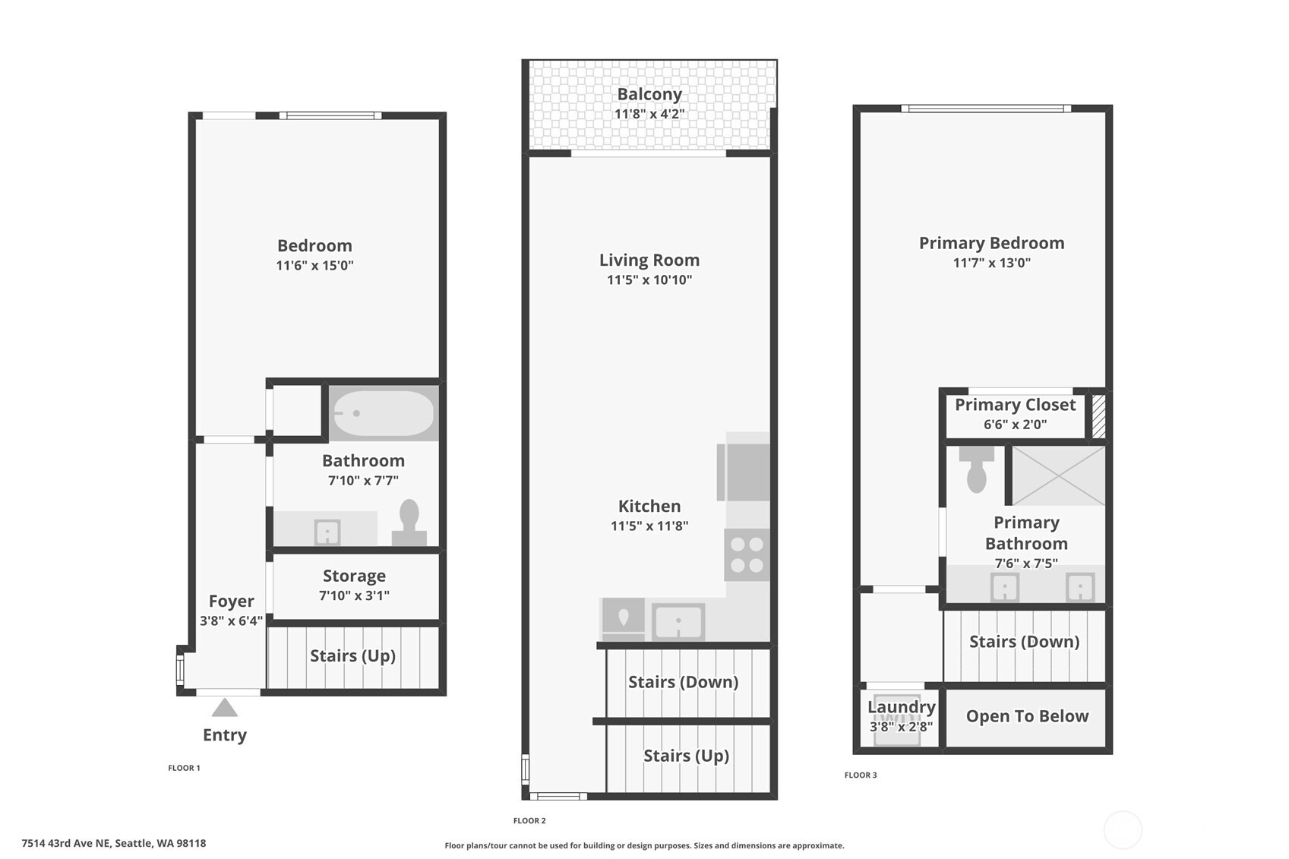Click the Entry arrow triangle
[x=225, y=709]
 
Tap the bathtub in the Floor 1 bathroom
[x=384, y=413]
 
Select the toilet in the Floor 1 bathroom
[x=409, y=523]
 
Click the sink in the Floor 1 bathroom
[x=327, y=532]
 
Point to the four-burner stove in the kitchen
[x=747, y=555]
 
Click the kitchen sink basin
[x=678, y=622]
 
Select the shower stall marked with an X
[x=1058, y=475]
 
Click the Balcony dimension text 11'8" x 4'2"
[x=649, y=114]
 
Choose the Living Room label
[x=649, y=260]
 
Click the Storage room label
[x=354, y=576]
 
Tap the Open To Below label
[x=1027, y=716]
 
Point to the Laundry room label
[x=901, y=707]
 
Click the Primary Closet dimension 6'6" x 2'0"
[x=1015, y=425]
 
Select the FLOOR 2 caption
[x=529, y=820]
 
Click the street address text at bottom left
[x=114, y=843]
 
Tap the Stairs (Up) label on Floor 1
[x=352, y=655]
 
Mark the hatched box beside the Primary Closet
[x=1098, y=415]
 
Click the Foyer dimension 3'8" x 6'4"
[x=231, y=621]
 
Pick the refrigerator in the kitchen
[x=743, y=472]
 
